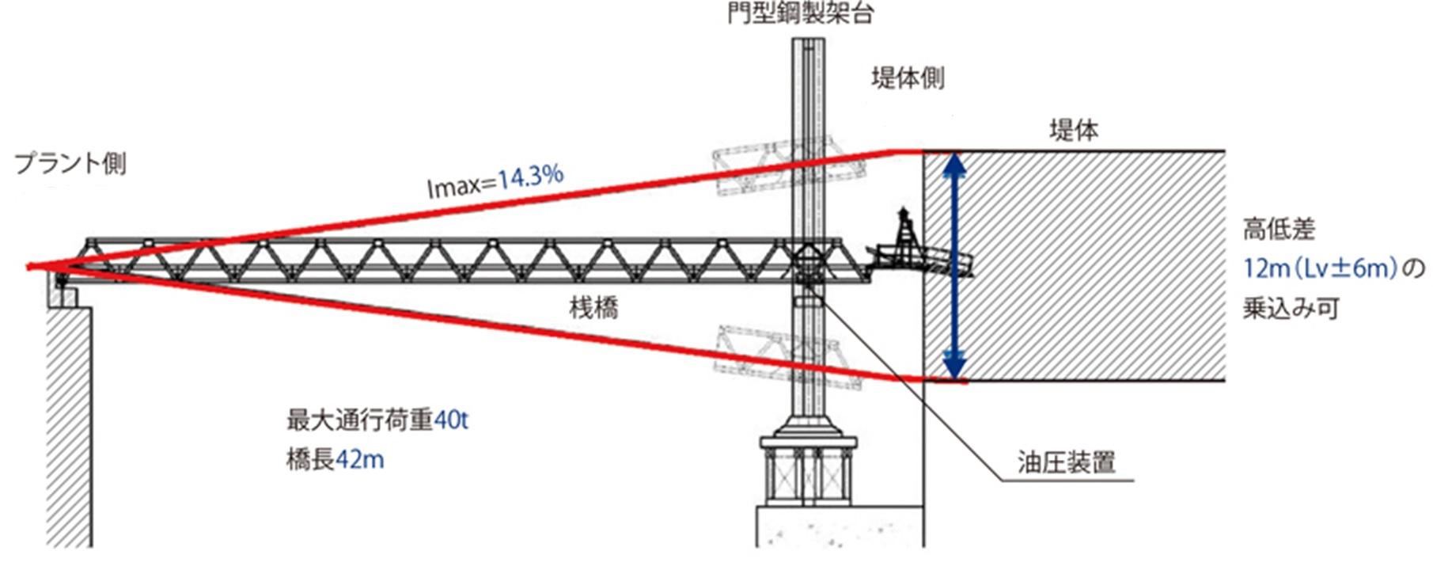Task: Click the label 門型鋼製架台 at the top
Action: [800, 13]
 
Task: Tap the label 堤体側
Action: [908, 78]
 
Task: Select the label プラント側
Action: [70, 164]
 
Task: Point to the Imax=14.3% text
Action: [495, 180]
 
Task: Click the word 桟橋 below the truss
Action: [593, 306]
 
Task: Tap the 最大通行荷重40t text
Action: [377, 420]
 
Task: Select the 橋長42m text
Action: [335, 459]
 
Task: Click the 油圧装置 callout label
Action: [1066, 462]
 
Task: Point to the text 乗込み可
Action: [1290, 308]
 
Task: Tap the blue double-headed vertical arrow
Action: [955, 266]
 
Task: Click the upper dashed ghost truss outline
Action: [774, 167]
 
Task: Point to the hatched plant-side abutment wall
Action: [69, 427]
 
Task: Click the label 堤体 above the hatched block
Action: [1074, 130]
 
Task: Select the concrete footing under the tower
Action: [839, 526]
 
